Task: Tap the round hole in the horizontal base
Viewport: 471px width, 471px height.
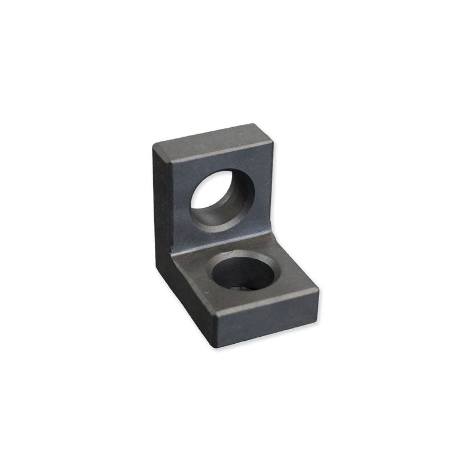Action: point(242,272)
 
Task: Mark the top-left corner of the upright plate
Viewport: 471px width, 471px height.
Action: point(153,145)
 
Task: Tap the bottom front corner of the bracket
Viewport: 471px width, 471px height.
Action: point(218,347)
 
